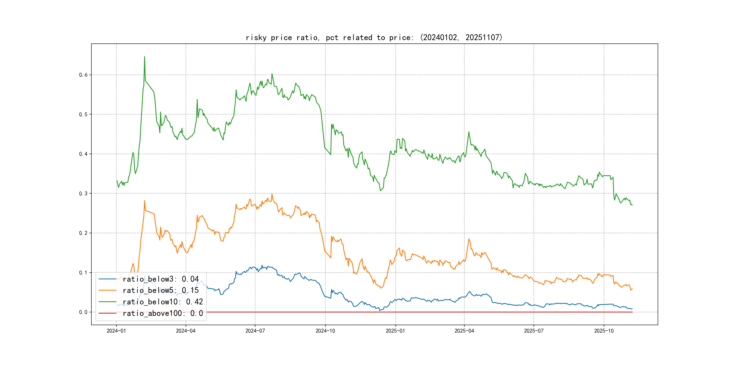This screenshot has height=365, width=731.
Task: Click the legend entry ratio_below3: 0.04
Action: click(161, 279)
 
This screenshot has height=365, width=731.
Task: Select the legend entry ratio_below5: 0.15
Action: click(161, 290)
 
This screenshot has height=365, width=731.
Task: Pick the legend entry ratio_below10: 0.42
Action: click(163, 302)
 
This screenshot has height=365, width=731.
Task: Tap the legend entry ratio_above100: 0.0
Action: click(163, 313)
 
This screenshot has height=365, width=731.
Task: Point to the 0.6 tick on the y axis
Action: click(83, 75)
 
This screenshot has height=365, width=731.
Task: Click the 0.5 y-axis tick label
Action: click(83, 114)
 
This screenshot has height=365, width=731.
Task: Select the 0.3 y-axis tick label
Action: click(83, 194)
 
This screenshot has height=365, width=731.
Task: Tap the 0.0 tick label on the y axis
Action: click(83, 312)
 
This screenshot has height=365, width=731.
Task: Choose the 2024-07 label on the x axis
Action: click(255, 331)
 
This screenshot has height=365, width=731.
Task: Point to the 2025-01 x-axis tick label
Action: click(395, 331)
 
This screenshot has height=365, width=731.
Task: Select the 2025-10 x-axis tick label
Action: click(604, 331)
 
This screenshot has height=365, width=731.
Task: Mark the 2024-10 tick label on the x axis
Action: click(325, 331)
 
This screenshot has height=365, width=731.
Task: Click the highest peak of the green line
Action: click(144, 57)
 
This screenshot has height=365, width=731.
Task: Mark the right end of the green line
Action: click(632, 205)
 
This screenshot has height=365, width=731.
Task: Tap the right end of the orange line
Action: click(632, 289)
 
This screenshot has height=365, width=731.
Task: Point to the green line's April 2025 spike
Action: click(469, 132)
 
